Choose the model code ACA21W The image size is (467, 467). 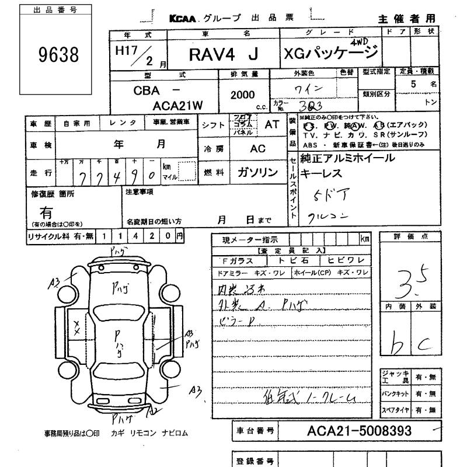176,106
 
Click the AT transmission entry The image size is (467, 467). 272,124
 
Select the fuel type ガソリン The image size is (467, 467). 257,172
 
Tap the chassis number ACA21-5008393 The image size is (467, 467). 359,431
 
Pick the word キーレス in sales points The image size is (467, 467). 323,174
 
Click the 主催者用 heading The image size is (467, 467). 406,19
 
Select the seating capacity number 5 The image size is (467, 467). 414,84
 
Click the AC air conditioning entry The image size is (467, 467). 257,149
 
